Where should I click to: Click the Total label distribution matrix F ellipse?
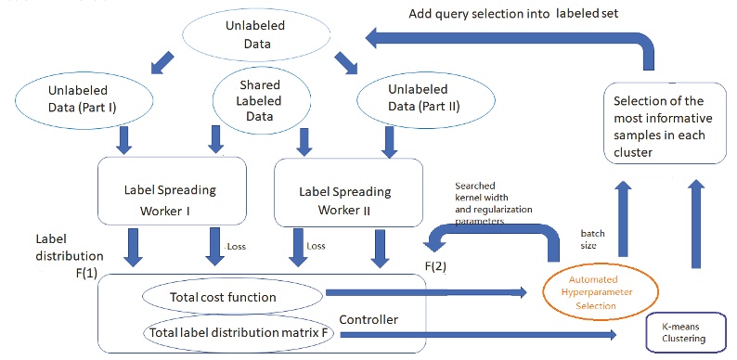coord(239,330)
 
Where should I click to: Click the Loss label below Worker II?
coord(318,246)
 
